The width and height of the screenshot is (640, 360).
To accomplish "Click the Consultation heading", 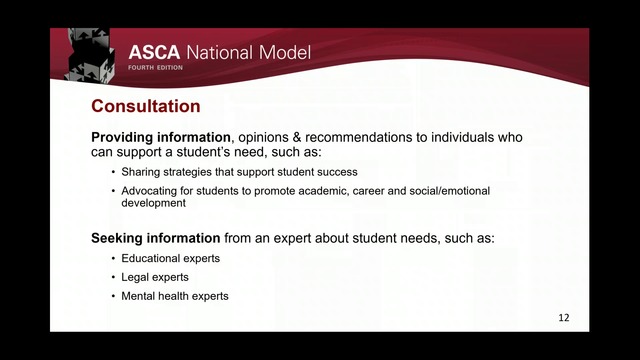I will click(146, 106).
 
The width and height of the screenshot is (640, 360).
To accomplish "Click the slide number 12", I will click(564, 318).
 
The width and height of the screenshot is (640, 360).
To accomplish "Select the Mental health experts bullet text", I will click(175, 296).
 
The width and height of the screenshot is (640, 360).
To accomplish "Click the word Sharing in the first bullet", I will click(141, 171).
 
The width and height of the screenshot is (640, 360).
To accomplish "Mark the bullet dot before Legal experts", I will click(113, 277).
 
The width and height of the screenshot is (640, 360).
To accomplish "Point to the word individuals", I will click(461, 137).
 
